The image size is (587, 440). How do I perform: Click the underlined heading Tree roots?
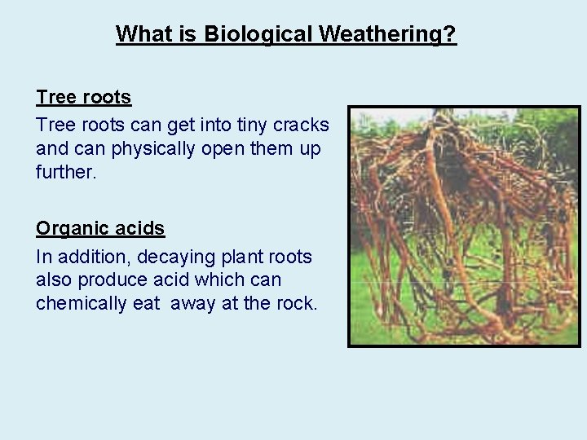tap(83, 98)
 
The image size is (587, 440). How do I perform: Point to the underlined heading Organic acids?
tap(100, 229)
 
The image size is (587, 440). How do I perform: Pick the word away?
tap(209, 304)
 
